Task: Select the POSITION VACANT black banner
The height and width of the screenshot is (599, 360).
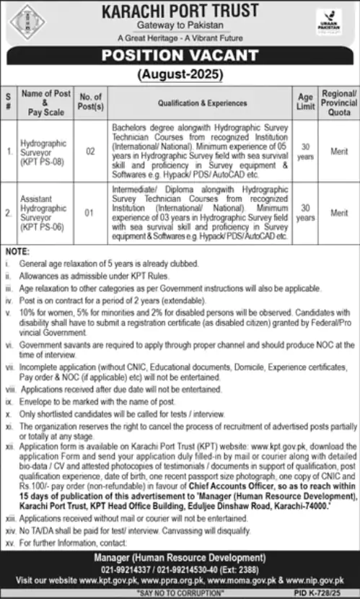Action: (179, 55)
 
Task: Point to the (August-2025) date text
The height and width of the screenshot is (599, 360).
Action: (179, 73)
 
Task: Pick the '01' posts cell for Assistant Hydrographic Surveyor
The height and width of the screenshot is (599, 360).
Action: (91, 213)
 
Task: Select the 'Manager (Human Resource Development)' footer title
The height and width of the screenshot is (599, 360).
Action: (179, 558)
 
